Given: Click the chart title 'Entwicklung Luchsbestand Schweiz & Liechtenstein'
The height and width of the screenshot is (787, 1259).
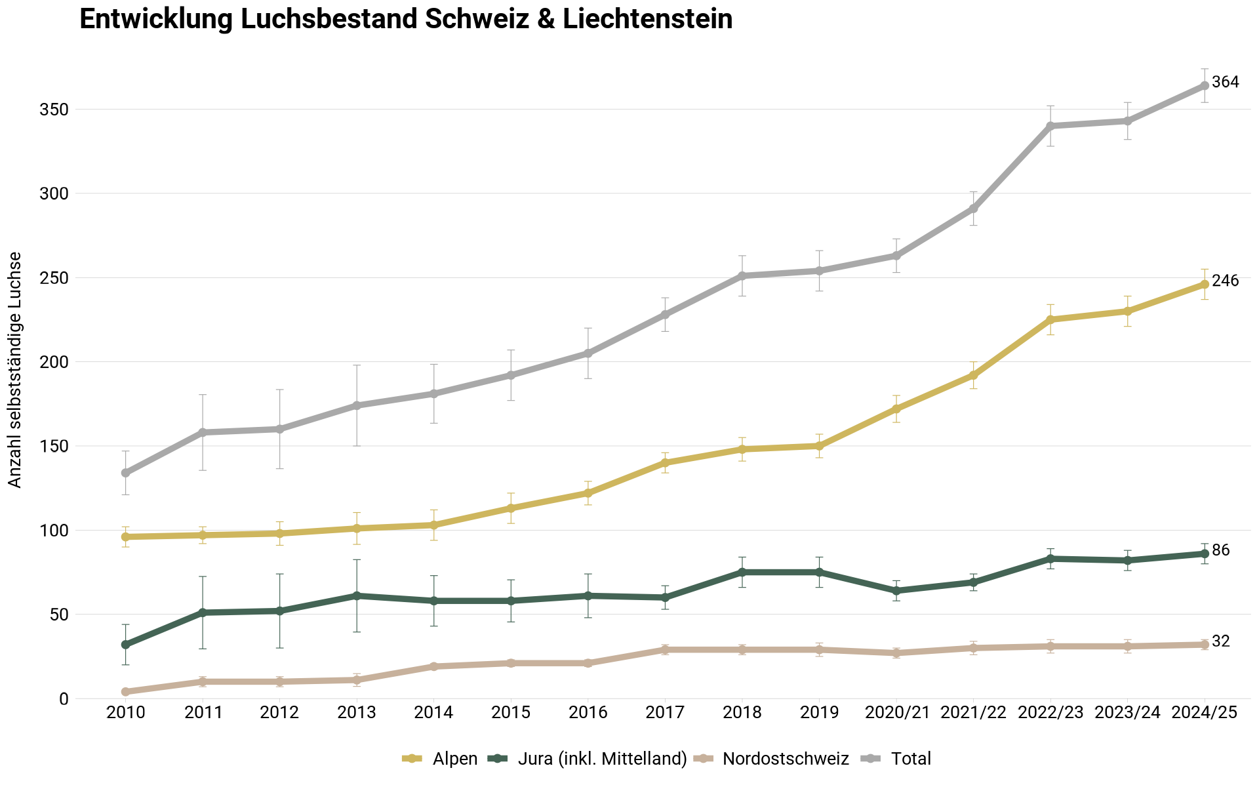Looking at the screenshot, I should (406, 20).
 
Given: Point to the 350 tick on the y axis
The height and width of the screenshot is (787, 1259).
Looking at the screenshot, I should (54, 110).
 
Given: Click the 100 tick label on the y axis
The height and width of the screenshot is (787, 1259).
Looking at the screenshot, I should (54, 531).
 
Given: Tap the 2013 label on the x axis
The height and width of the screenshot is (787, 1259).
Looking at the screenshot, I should (357, 713).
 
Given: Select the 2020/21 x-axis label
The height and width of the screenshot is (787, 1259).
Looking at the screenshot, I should (896, 713).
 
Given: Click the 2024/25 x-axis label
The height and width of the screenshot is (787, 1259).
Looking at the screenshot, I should (1205, 713).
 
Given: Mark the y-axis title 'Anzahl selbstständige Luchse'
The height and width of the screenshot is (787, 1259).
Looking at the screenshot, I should (15, 370).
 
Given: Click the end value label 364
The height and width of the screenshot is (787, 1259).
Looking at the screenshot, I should (1225, 83).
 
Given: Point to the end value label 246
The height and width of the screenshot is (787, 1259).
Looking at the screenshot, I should (1225, 281).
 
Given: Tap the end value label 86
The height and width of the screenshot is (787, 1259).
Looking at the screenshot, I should (1221, 551).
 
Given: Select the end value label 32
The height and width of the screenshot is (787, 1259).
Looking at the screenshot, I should (1221, 642).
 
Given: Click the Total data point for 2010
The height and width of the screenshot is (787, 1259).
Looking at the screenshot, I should (125, 473).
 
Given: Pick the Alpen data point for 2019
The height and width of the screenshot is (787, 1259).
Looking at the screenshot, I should (819, 446).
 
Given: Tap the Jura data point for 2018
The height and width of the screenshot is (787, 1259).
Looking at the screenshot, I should (742, 572).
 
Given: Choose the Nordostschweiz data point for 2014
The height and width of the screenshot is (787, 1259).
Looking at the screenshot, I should (433, 666).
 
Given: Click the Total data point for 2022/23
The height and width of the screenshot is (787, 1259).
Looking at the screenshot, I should (1050, 126).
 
